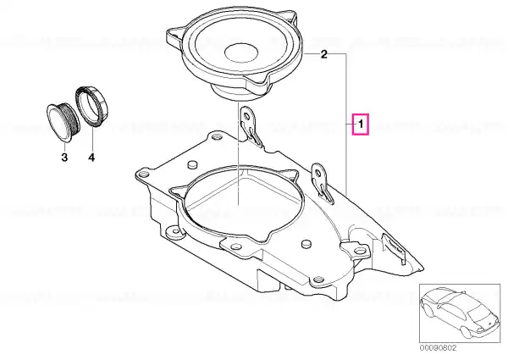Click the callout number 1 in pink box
tap(361, 125)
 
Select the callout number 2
tap(324, 54)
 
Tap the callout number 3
tap(64, 158)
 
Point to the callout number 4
tap(91, 158)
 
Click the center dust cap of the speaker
tap(241, 52)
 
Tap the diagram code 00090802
tap(439, 348)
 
